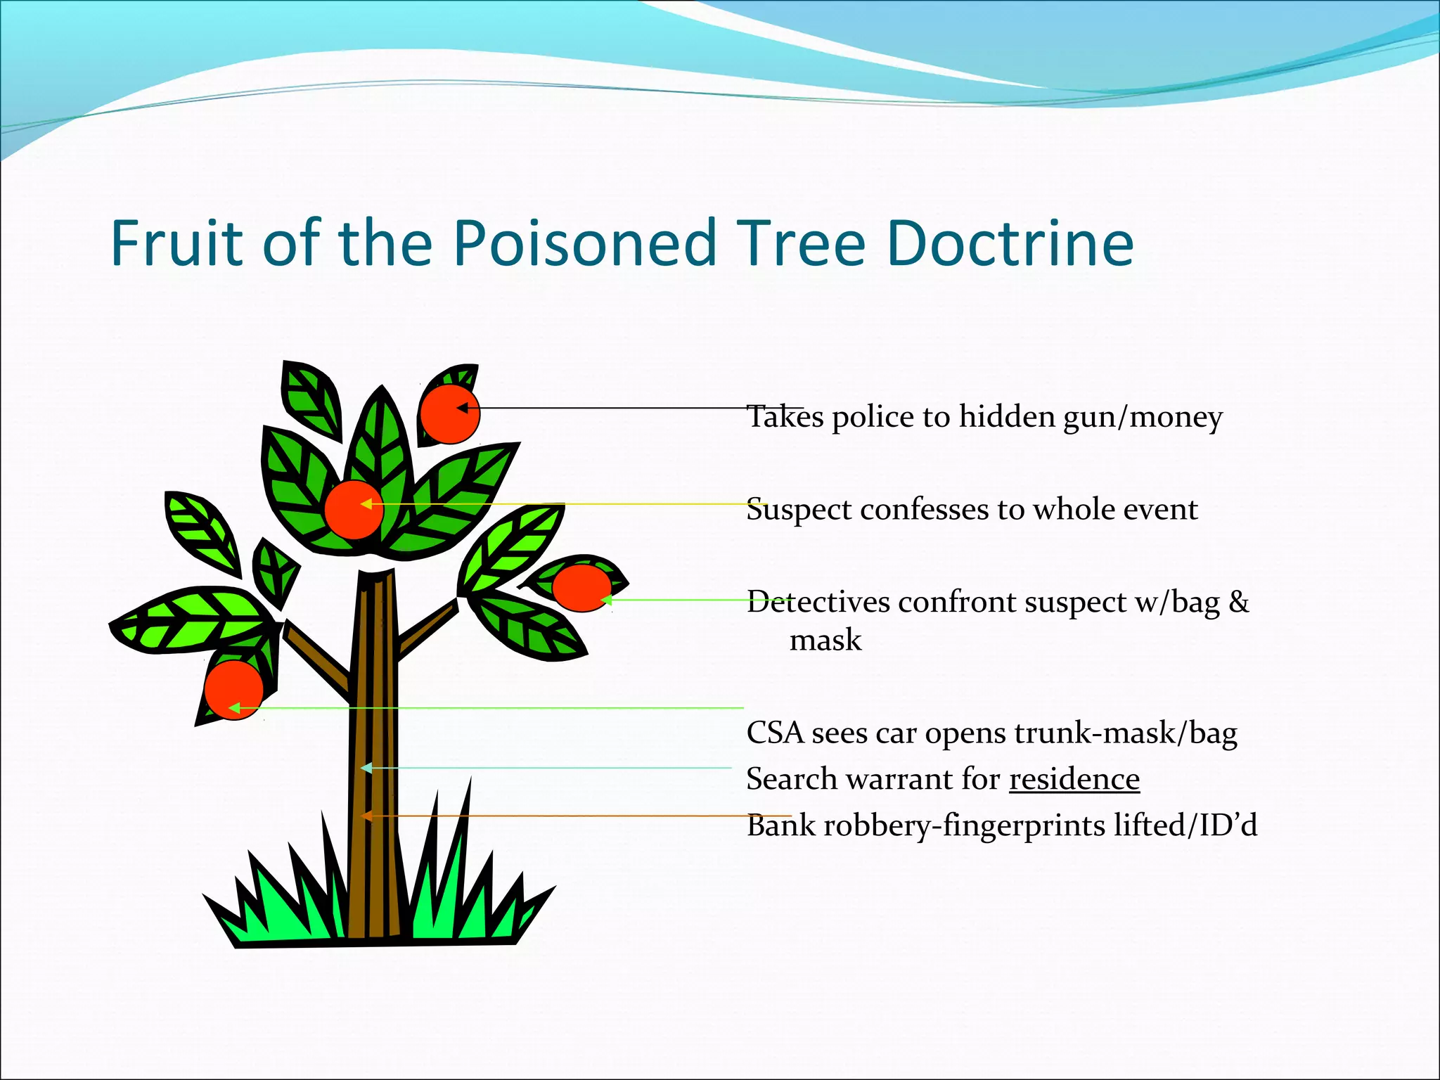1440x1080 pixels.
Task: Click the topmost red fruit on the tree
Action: [x=449, y=413]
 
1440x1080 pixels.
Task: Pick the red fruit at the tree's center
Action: [x=354, y=510]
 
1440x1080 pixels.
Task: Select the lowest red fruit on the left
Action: [x=234, y=690]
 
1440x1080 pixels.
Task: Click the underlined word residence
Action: [x=1074, y=779]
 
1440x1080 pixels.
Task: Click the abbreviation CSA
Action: [x=775, y=733]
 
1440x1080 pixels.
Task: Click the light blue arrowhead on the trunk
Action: [x=366, y=768]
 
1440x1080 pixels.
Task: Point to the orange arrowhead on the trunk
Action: [x=366, y=816]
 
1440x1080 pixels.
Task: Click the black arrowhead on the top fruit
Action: [x=462, y=408]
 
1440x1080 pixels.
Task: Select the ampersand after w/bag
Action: [x=1239, y=602]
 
